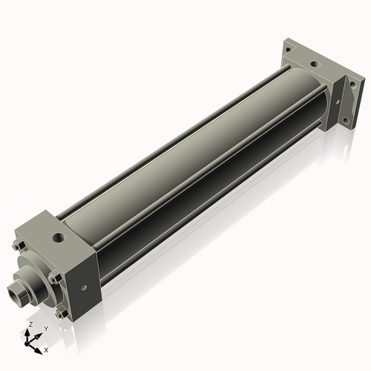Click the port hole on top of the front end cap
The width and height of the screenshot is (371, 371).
tap(59, 240)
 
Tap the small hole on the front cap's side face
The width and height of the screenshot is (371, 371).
tap(83, 289)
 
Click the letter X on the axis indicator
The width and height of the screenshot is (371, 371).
tap(47, 349)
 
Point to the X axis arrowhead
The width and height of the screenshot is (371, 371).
tap(39, 347)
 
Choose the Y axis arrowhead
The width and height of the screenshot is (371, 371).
tap(39, 335)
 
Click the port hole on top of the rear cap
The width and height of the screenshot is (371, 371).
tap(317, 64)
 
